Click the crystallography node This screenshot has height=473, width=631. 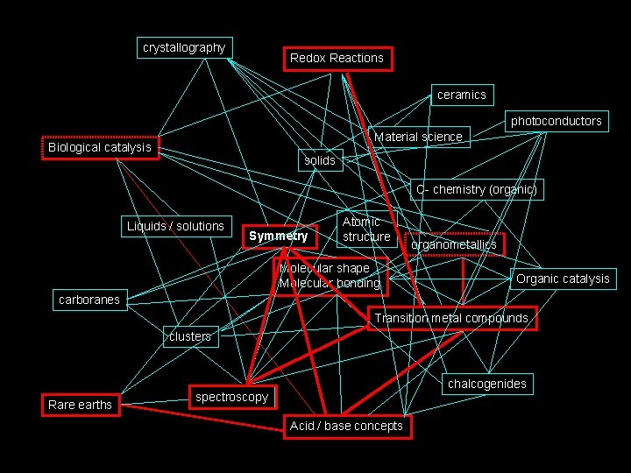(x=184, y=47)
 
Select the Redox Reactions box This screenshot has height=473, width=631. (x=337, y=59)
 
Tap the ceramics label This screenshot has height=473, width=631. (x=461, y=95)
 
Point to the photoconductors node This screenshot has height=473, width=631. (x=556, y=121)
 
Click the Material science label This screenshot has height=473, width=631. (x=418, y=137)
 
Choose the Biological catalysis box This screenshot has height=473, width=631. (x=99, y=147)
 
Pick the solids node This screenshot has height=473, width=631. (x=320, y=160)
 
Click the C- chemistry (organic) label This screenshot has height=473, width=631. (x=476, y=189)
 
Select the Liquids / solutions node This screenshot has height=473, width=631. (x=175, y=226)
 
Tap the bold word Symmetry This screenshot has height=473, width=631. (x=278, y=236)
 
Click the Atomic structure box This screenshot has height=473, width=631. (x=366, y=229)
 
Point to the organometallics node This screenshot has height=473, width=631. (x=454, y=244)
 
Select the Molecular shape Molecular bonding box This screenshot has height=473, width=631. (x=330, y=275)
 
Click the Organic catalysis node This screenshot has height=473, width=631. (x=563, y=279)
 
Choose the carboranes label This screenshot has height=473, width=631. (x=89, y=300)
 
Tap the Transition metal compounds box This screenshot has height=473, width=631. (x=451, y=318)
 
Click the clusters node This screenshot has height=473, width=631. (x=190, y=336)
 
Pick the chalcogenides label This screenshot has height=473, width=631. (x=486, y=384)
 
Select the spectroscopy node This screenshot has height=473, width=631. (x=231, y=397)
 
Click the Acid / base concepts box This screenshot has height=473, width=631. (x=346, y=426)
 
